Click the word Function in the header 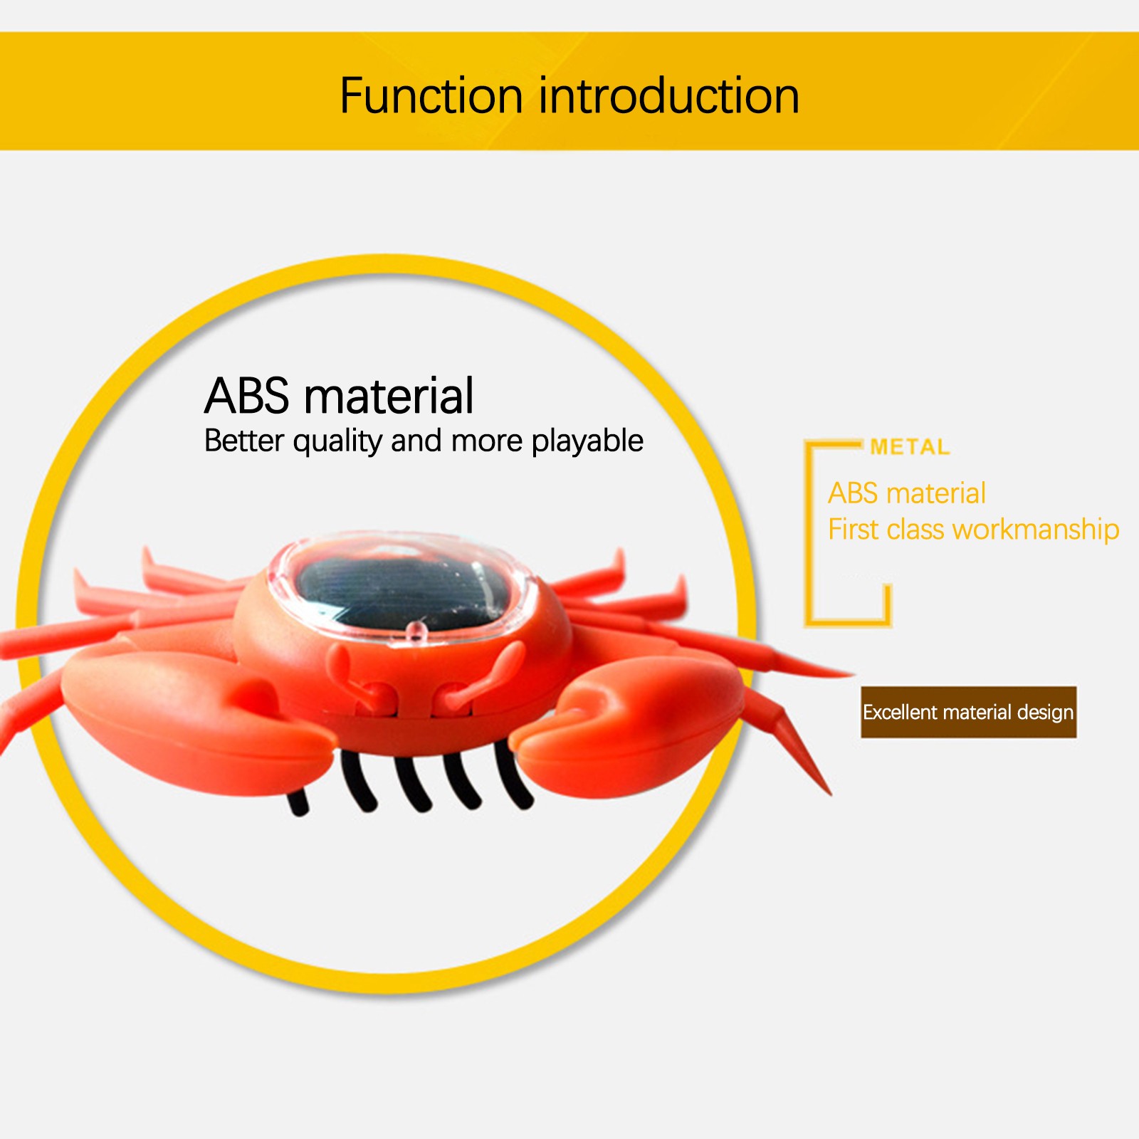tap(431, 96)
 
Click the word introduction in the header tap(669, 96)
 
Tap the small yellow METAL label tap(910, 447)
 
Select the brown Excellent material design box tap(968, 712)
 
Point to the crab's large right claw tap(626, 726)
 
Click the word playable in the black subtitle tap(587, 441)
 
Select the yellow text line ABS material tap(906, 493)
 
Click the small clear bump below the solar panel tap(415, 629)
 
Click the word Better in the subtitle tap(244, 441)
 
